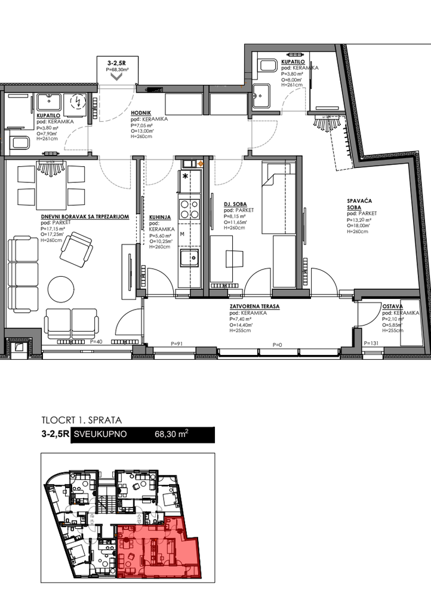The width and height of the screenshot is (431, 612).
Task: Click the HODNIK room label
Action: tap(141, 112)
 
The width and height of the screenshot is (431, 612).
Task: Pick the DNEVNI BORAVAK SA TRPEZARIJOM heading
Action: tap(82, 216)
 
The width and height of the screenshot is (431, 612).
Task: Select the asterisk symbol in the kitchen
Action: tap(185, 176)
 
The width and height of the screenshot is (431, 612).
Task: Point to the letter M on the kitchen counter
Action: tap(182, 234)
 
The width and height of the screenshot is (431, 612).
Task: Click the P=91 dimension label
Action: tap(176, 344)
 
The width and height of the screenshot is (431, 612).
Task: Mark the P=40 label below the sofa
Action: tap(96, 341)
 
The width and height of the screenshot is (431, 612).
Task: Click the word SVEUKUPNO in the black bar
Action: tap(100, 435)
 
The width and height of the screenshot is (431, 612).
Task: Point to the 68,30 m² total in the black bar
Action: tap(171, 435)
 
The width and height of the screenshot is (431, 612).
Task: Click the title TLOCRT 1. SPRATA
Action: tap(82, 420)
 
